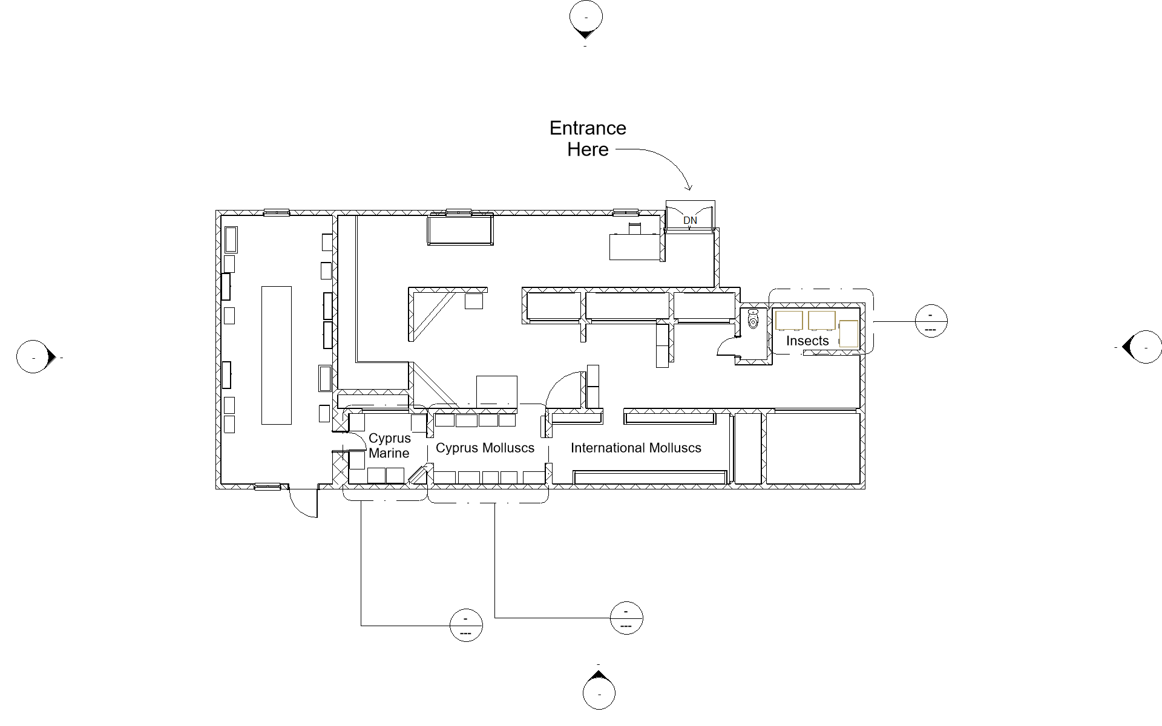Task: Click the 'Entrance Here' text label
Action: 587,139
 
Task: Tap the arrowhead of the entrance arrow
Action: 688,187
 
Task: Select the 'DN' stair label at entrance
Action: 690,221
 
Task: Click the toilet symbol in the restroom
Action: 753,319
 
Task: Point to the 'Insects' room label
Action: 807,341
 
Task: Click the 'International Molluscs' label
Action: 635,448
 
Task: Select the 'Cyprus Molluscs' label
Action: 485,448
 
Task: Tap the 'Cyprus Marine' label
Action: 389,446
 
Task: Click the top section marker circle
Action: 586,18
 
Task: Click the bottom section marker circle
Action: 599,693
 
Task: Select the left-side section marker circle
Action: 33,357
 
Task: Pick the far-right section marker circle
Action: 1145,347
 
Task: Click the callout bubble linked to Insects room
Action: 931,321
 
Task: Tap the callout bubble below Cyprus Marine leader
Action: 466,626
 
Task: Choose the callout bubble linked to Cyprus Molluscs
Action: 626,618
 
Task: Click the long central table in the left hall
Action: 276,355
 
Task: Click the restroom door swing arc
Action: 725,347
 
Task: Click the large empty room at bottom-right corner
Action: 813,448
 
